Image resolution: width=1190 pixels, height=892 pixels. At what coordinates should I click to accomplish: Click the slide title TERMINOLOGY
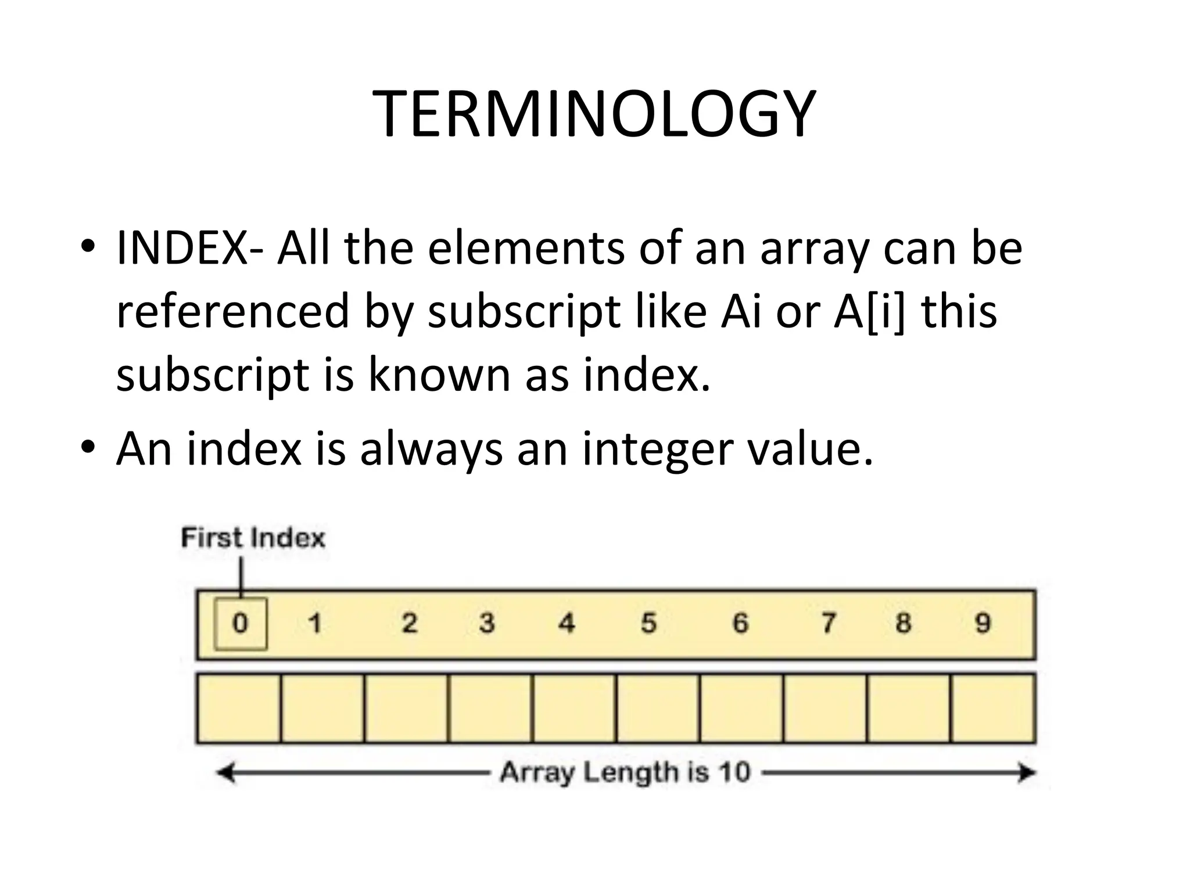click(x=594, y=114)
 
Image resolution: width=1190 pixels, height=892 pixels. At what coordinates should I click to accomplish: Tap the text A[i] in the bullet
click(x=869, y=312)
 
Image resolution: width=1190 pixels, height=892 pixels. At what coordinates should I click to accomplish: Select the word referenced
click(x=233, y=312)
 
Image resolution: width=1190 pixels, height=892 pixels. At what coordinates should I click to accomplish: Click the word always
click(x=431, y=449)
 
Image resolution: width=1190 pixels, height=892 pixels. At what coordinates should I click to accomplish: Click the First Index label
click(x=253, y=538)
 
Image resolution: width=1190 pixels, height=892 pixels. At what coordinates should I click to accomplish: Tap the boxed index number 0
click(x=241, y=624)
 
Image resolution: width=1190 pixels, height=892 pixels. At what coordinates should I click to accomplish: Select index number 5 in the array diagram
click(x=648, y=624)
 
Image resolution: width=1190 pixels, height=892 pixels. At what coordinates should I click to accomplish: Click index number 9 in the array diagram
click(x=983, y=624)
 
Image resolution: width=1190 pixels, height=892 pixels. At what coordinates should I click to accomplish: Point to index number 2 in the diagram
click(x=410, y=624)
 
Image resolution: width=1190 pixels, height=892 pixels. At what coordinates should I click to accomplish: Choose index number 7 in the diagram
click(x=829, y=624)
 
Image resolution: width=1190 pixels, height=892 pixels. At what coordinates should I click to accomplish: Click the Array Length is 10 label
click(x=625, y=773)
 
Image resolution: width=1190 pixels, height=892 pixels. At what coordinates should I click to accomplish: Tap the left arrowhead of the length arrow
click(x=225, y=773)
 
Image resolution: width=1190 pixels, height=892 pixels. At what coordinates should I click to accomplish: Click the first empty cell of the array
click(x=239, y=708)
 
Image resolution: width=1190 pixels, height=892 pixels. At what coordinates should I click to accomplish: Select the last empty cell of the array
click(x=993, y=708)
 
